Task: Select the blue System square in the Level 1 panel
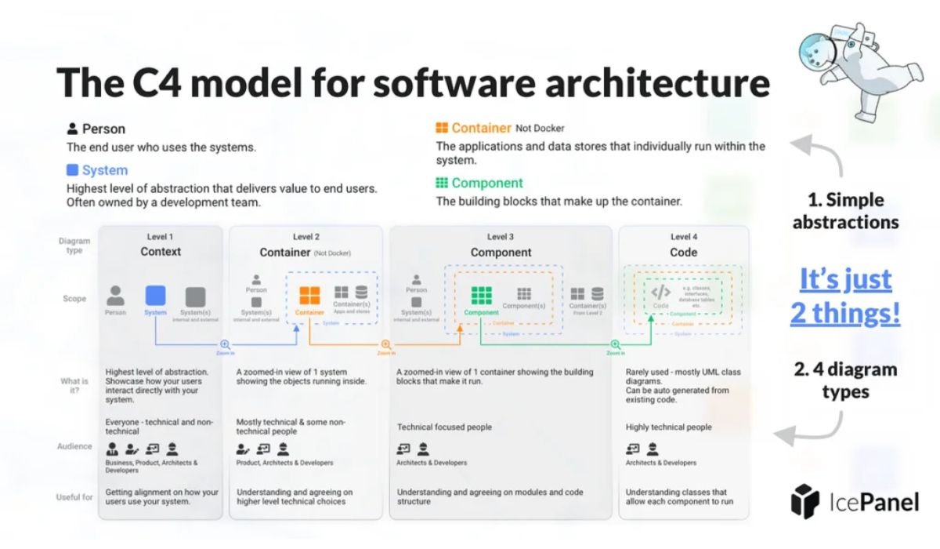[156, 296]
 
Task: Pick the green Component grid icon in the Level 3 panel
[481, 296]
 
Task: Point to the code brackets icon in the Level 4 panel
[661, 292]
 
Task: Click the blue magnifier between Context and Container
[225, 344]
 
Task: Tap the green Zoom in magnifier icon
[616, 344]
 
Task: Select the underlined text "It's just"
[845, 279]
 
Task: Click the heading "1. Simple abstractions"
[845, 210]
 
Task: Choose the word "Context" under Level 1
[161, 252]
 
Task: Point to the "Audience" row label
[74, 446]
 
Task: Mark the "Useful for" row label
[74, 496]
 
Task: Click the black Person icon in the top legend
[72, 129]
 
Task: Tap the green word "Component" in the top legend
[486, 183]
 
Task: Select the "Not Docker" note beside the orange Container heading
[540, 129]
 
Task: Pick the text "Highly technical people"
[668, 427]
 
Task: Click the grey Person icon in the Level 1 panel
[115, 296]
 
